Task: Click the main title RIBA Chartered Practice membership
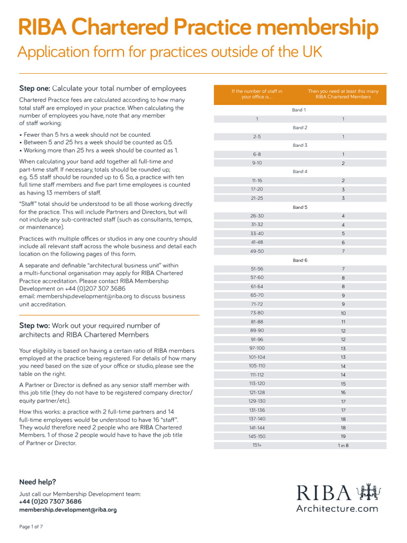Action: click(x=198, y=28)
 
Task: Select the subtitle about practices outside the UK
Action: click(x=170, y=52)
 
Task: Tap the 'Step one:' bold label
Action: click(x=34, y=89)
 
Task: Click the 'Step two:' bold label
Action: click(x=34, y=326)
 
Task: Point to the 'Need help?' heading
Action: click(x=37, y=482)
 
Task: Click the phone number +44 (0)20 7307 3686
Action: click(x=50, y=502)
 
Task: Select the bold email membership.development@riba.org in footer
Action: click(x=68, y=510)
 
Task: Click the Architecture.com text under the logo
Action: click(x=337, y=509)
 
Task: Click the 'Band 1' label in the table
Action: click(x=299, y=110)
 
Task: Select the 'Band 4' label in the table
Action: click(x=299, y=172)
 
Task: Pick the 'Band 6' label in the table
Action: click(x=299, y=260)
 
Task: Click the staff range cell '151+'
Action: click(x=256, y=445)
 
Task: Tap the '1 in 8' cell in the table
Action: click(x=343, y=445)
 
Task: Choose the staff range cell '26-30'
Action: click(x=256, y=216)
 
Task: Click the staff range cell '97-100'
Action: click(x=256, y=348)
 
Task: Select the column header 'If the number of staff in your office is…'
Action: click(x=256, y=94)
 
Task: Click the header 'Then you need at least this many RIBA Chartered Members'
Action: click(x=343, y=94)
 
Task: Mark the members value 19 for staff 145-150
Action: click(x=343, y=436)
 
